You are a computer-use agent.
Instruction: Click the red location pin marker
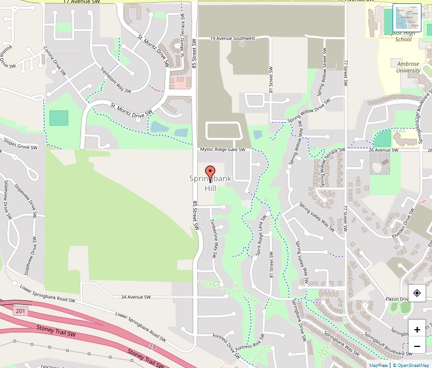click(x=210, y=173)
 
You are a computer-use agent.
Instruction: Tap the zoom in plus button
click(x=417, y=329)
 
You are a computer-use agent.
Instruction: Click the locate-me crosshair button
click(x=417, y=294)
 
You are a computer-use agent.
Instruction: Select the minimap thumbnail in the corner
click(x=407, y=18)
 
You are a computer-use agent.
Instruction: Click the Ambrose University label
click(x=408, y=67)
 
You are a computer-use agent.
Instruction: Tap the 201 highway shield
click(x=21, y=310)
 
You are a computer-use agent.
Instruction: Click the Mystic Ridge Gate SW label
click(x=222, y=149)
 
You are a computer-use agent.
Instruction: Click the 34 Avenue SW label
click(x=135, y=297)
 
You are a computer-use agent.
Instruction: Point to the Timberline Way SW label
click(x=214, y=238)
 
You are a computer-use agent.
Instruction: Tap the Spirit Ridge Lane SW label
click(x=262, y=236)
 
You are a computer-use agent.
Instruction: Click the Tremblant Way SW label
click(x=115, y=80)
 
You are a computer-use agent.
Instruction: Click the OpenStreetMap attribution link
click(x=411, y=365)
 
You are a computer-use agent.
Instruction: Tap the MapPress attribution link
click(x=378, y=365)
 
